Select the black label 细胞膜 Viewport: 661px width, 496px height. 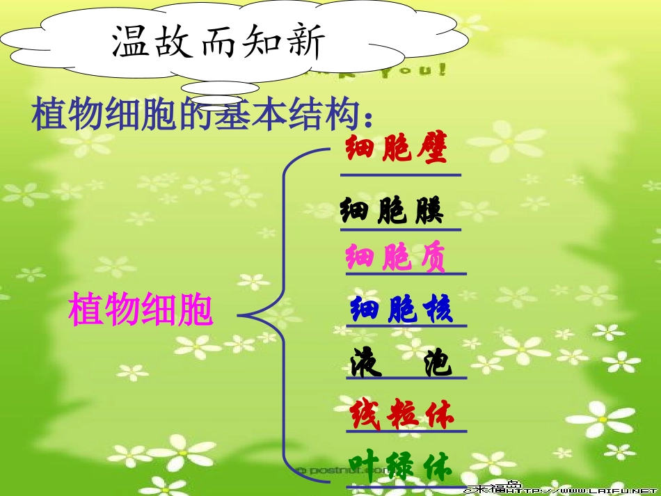point(392,209)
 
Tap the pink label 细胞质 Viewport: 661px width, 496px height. point(396,257)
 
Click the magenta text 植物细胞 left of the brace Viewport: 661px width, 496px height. point(141,309)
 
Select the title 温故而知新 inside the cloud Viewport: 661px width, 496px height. point(218,43)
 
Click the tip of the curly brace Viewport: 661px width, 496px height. point(241,315)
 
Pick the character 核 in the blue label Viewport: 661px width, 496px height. point(437,309)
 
